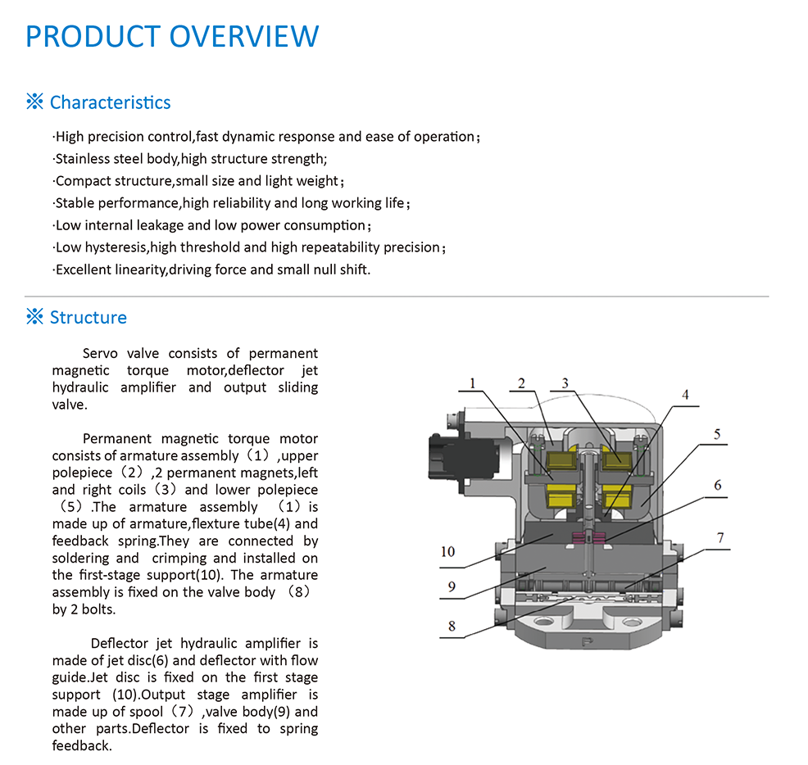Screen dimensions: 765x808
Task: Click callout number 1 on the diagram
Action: click(x=474, y=382)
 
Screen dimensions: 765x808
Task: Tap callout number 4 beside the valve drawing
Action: click(x=685, y=395)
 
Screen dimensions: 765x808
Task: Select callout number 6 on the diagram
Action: click(x=718, y=485)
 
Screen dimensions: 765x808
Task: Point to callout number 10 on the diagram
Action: click(x=447, y=551)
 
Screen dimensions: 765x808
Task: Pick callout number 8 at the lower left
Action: click(x=452, y=627)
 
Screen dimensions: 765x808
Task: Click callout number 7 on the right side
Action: click(x=720, y=537)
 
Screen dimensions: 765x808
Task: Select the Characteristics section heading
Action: click(x=110, y=102)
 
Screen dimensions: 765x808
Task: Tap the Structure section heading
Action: click(x=88, y=318)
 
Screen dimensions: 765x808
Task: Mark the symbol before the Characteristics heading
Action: click(x=34, y=102)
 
